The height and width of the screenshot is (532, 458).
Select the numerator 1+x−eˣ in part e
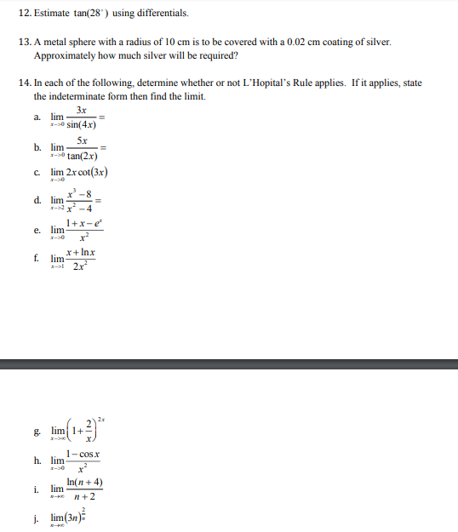pyautogui.click(x=83, y=224)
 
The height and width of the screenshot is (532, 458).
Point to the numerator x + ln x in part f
pyautogui.click(x=82, y=253)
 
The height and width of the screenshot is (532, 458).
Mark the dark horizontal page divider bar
pyautogui.click(x=229, y=364)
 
